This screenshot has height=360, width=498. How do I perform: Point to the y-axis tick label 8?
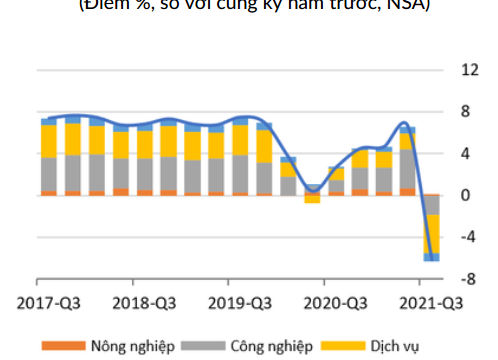465,112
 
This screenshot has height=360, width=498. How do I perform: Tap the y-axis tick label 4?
465,154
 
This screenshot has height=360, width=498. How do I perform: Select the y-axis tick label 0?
465,196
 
